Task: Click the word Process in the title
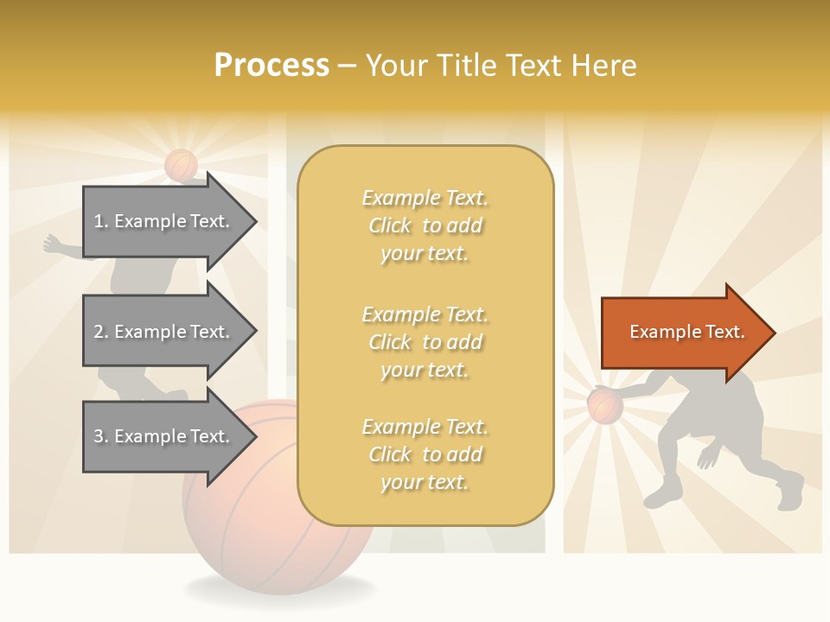tap(271, 66)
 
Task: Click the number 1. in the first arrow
tap(101, 221)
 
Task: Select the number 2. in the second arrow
tap(101, 332)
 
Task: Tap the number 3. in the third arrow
tap(101, 436)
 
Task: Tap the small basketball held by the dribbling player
tap(604, 405)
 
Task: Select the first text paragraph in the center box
tap(425, 225)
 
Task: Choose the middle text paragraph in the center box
tap(425, 342)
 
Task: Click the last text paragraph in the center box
tap(425, 454)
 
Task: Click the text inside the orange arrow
tap(687, 332)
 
